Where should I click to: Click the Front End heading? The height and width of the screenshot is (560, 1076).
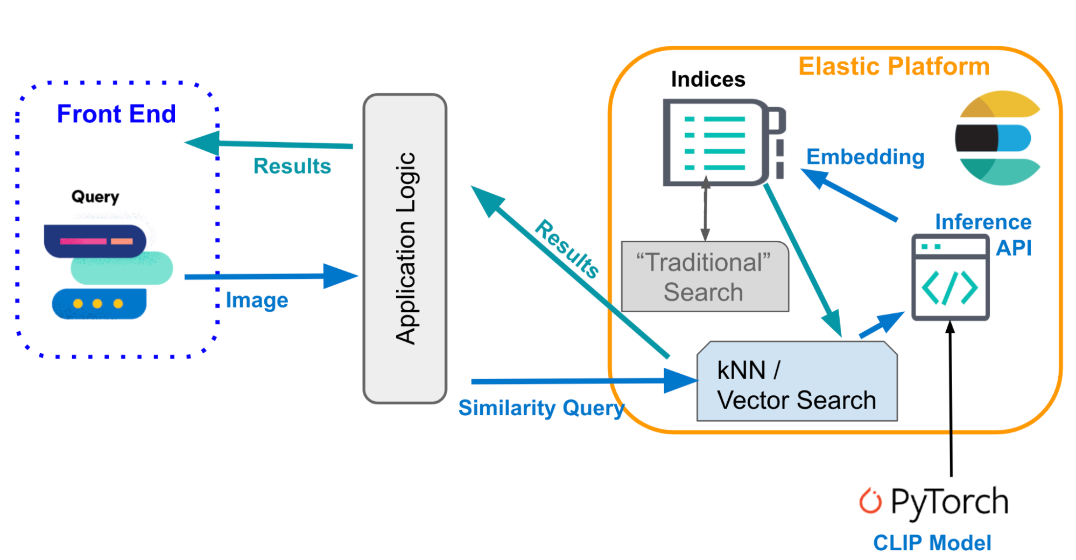pyautogui.click(x=116, y=114)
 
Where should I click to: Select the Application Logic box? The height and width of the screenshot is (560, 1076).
pyautogui.click(x=405, y=248)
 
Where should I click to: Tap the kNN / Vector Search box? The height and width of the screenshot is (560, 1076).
pyautogui.click(x=797, y=381)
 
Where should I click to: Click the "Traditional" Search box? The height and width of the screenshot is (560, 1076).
pyautogui.click(x=705, y=277)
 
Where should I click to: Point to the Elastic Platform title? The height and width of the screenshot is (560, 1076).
pyautogui.click(x=894, y=66)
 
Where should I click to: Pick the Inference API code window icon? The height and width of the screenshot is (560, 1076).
pyautogui.click(x=951, y=278)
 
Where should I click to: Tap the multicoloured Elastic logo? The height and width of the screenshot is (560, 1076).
pyautogui.click(x=998, y=138)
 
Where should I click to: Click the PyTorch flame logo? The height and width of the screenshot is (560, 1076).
pyautogui.click(x=870, y=501)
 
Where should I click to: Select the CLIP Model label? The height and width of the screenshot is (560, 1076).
pyautogui.click(x=932, y=543)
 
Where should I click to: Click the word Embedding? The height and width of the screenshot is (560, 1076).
pyautogui.click(x=865, y=157)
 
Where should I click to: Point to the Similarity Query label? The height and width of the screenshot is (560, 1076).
pyautogui.click(x=541, y=408)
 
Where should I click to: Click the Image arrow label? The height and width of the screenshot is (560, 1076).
pyautogui.click(x=257, y=300)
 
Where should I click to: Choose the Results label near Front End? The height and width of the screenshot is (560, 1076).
pyautogui.click(x=292, y=166)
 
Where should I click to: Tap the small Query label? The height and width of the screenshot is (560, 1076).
pyautogui.click(x=95, y=197)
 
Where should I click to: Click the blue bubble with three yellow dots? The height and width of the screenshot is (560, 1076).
pyautogui.click(x=99, y=304)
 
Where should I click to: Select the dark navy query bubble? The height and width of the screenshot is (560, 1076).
pyautogui.click(x=95, y=241)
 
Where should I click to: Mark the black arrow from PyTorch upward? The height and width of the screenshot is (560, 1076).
pyautogui.click(x=951, y=398)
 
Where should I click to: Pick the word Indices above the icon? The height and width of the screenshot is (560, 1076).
pyautogui.click(x=708, y=80)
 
